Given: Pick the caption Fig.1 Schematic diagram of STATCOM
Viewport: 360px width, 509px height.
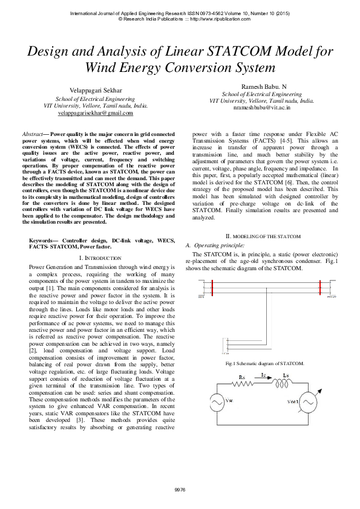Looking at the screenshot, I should click(264, 363).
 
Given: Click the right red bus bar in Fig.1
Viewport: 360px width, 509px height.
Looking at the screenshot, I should click(318, 288).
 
